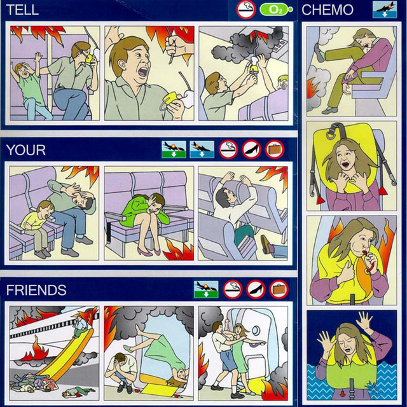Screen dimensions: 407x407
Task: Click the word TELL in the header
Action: point(22,10)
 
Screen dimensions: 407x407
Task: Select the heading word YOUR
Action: point(25,150)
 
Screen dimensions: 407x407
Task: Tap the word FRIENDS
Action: point(36,290)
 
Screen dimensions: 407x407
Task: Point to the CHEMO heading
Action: point(328,10)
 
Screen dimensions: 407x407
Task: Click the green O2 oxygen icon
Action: point(276,10)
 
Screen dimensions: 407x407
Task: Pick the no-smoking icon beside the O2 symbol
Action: point(246,10)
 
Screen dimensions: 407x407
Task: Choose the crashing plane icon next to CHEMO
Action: point(384,10)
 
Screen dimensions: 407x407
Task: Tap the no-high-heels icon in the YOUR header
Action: point(251,149)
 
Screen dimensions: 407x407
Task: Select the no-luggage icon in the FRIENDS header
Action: point(279,289)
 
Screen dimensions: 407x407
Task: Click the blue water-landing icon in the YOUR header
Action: point(202,149)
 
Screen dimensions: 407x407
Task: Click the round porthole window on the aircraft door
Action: point(256,331)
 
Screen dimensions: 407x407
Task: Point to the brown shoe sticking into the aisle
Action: point(266,244)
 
